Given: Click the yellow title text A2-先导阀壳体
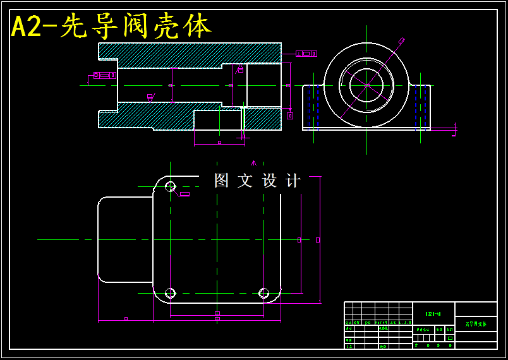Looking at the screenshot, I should click(111, 27).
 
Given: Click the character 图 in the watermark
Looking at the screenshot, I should click(221, 181).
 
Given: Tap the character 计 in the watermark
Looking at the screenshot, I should click(293, 181).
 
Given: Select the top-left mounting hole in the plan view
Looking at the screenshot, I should click(170, 186).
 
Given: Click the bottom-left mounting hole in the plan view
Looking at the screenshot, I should click(170, 293).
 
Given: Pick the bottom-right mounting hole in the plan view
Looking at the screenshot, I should click(264, 293).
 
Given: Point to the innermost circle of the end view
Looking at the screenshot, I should click(366, 85).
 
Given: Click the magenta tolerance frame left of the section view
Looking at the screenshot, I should click(104, 76).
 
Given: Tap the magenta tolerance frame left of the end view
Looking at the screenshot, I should click(306, 54).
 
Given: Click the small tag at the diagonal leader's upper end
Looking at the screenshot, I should click(401, 41).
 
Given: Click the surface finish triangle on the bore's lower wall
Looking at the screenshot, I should click(150, 97).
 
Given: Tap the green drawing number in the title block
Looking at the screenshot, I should click(433, 313).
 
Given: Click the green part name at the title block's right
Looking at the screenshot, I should click(476, 324).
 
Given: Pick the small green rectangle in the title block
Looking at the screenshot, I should click(450, 338).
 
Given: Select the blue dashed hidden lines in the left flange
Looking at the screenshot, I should click(318, 104).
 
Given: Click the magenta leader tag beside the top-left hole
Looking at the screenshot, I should click(184, 194).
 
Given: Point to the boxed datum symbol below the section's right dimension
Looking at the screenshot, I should click(290, 116).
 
